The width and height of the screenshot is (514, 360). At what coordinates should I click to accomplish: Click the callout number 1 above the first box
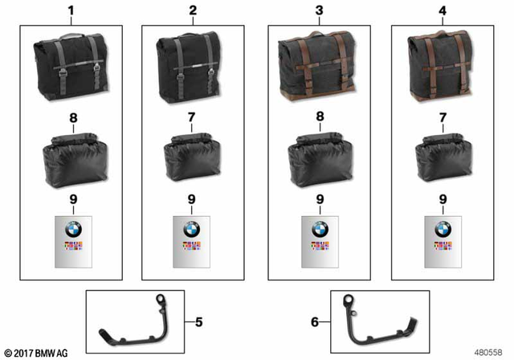tap(71, 12)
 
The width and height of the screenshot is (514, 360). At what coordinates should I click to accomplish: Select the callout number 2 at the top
tap(192, 12)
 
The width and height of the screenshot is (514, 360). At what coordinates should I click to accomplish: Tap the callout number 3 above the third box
tap(319, 12)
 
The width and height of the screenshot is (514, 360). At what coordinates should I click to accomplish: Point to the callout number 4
tap(443, 12)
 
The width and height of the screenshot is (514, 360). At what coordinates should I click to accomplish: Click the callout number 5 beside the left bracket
tap(198, 322)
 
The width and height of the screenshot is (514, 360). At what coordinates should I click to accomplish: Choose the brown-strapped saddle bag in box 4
tap(440, 67)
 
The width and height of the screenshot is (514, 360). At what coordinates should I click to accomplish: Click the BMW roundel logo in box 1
tap(72, 230)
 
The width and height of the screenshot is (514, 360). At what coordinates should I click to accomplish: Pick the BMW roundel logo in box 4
tap(443, 230)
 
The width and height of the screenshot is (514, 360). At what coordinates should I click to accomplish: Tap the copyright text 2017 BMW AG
tap(37, 351)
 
